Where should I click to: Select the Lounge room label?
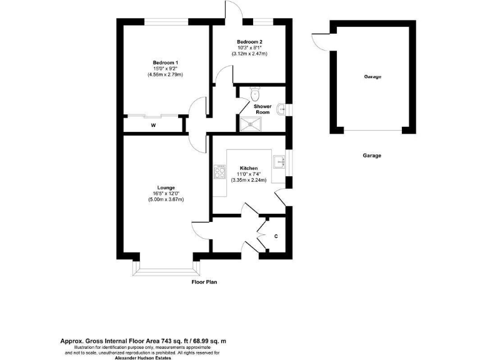click(166, 187)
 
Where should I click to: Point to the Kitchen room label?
click(249, 168)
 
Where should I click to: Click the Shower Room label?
click(262, 109)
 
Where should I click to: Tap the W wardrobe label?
click(153, 125)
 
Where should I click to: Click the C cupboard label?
click(276, 236)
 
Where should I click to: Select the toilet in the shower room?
click(254, 93)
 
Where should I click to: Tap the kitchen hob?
click(219, 172)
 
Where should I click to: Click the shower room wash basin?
click(282, 110)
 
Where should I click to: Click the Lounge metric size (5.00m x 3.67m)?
click(166, 199)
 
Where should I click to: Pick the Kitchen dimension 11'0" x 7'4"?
click(249, 174)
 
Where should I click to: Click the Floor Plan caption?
click(204, 282)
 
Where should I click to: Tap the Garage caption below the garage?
click(372, 156)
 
